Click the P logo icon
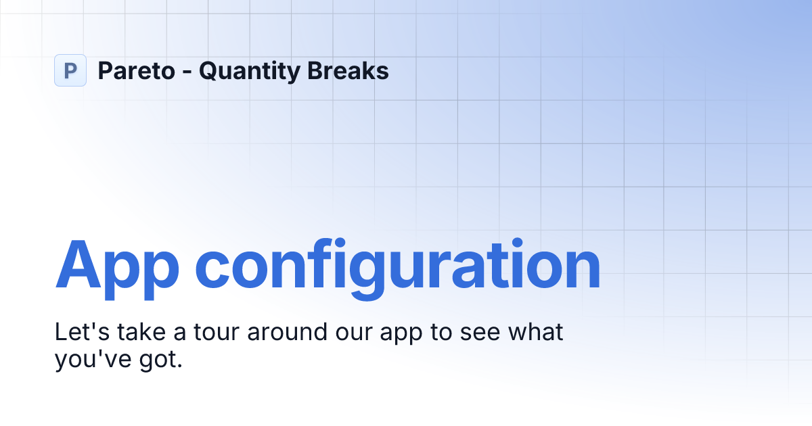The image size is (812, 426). [70, 70]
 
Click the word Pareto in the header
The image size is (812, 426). [137, 70]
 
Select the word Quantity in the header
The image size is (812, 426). [250, 72]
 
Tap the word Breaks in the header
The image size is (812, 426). [348, 70]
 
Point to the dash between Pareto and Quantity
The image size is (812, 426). [187, 73]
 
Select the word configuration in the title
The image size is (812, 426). [398, 269]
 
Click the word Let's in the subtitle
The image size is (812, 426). [82, 332]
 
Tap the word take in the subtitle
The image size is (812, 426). [141, 332]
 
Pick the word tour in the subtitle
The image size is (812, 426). [217, 333]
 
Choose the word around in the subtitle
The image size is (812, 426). [287, 332]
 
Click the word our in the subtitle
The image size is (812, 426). [354, 335]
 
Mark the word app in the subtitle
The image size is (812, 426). [401, 336]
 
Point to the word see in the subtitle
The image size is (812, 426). [480, 335]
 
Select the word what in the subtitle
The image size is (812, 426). [536, 332]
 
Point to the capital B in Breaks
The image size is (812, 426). [315, 70]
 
